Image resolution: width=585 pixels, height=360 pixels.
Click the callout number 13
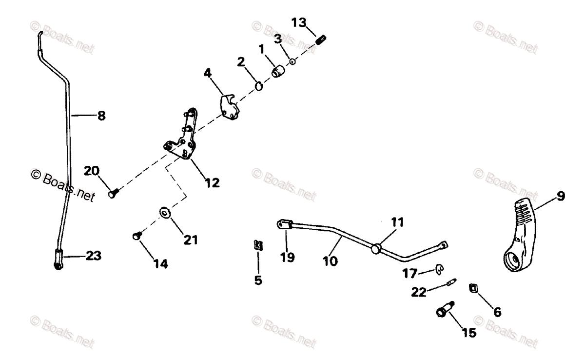[299, 22]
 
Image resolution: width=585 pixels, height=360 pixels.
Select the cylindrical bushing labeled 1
[278, 73]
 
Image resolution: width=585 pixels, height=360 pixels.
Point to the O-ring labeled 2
[259, 86]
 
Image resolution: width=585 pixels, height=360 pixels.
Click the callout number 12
[212, 183]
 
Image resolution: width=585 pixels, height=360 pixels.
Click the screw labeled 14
[136, 236]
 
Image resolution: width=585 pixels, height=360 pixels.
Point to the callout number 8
[101, 116]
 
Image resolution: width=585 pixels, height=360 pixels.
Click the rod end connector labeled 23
[58, 259]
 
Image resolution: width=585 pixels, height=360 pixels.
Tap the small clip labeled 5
[257, 245]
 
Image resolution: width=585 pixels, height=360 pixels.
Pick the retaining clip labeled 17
[439, 267]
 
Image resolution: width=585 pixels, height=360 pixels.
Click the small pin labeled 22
[451, 282]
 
